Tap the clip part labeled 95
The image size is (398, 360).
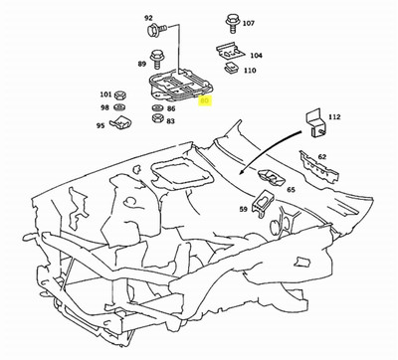click(122, 123)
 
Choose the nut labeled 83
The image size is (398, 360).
click(156, 119)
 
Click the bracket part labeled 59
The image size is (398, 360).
click(263, 206)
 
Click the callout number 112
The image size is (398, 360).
click(334, 117)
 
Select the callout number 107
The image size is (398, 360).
click(249, 22)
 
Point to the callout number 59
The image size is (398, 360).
click(243, 209)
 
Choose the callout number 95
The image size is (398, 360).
click(100, 125)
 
